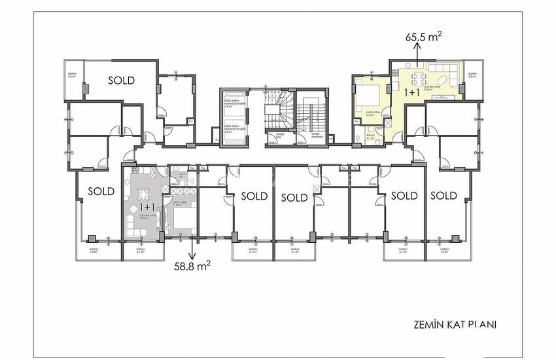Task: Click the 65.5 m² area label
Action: [423, 38]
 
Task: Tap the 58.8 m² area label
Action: [192, 266]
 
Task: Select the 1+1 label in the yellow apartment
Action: [413, 94]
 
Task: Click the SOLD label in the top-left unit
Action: [121, 81]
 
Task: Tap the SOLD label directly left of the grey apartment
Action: [101, 192]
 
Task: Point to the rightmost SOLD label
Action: [443, 195]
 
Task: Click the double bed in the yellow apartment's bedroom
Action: [368, 99]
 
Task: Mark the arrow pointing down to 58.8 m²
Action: [192, 249]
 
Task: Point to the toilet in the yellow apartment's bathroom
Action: [360, 137]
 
